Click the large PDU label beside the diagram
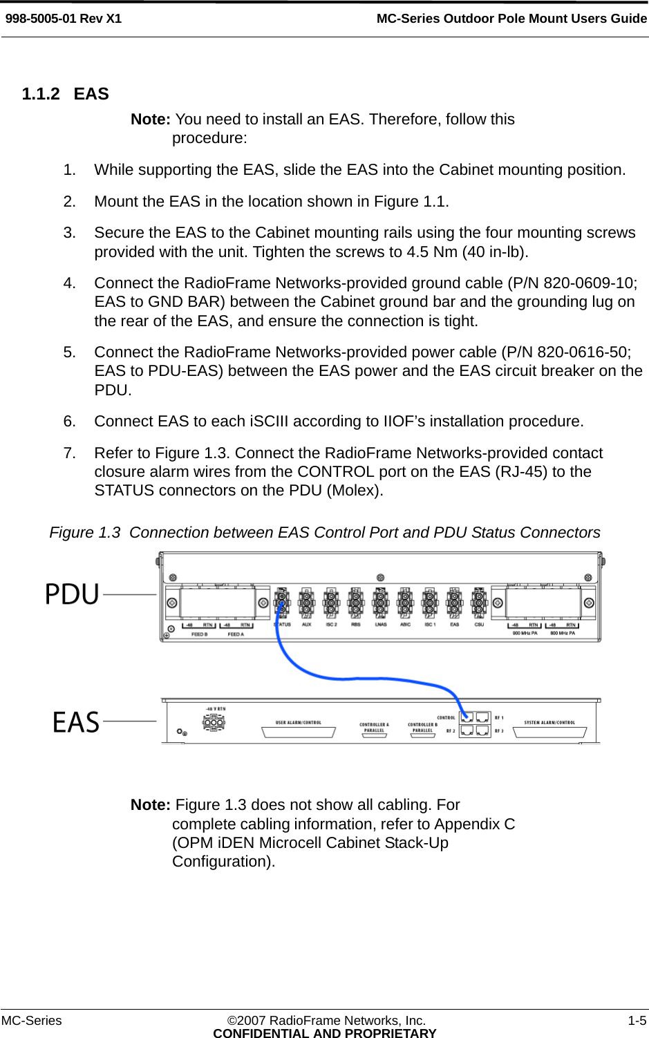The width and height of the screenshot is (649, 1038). click(73, 594)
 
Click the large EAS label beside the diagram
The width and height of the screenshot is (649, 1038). click(76, 722)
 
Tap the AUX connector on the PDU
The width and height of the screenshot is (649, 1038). click(306, 605)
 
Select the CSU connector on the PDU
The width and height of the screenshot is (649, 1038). click(479, 605)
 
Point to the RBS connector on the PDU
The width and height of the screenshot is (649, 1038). click(355, 605)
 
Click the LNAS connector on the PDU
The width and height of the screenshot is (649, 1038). click(380, 605)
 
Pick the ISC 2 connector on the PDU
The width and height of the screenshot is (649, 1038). click(331, 605)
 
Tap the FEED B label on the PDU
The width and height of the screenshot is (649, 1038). click(199, 634)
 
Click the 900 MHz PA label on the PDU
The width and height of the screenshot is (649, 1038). click(525, 632)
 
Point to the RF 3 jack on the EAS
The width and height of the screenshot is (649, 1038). click(482, 730)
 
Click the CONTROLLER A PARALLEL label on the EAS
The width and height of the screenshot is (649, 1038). click(374, 727)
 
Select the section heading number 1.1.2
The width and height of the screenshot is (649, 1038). click(41, 94)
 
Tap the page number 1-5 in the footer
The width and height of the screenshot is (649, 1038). click(637, 1021)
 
